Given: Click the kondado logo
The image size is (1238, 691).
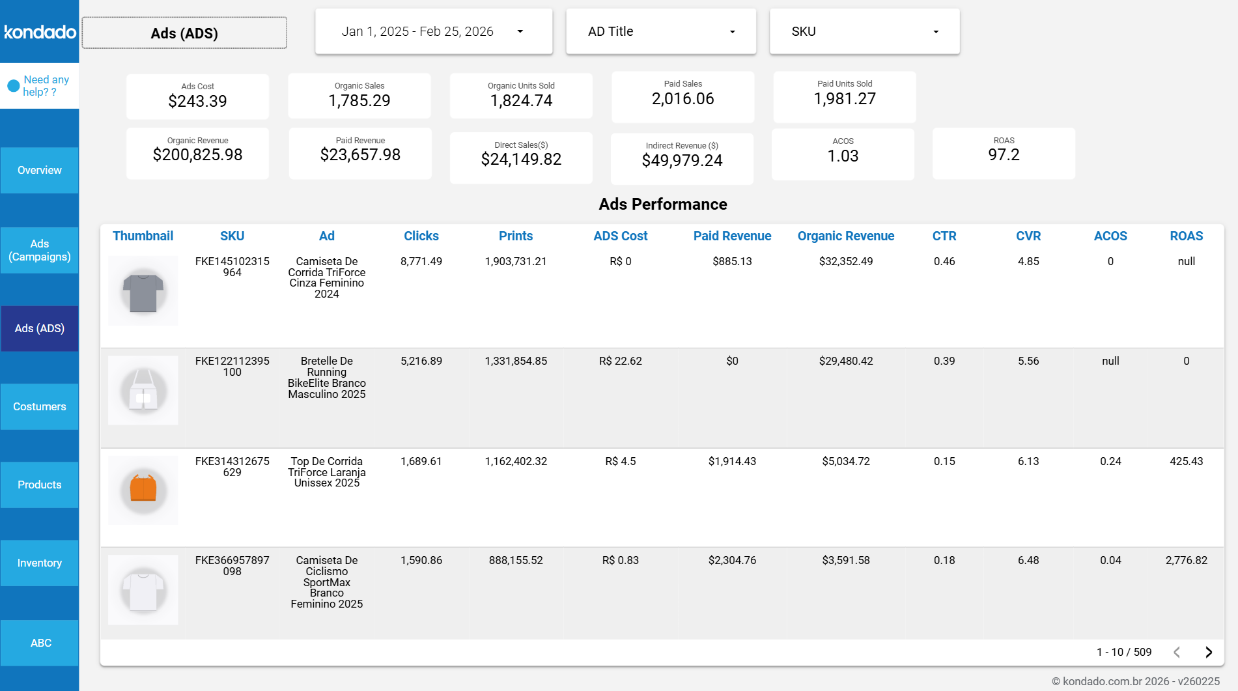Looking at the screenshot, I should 40,31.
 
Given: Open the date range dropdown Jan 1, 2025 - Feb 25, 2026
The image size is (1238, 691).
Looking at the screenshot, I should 433,31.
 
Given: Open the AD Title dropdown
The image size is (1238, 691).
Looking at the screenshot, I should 660,31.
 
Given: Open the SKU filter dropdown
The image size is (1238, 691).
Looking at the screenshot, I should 864,31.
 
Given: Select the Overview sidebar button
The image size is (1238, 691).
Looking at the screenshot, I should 40,170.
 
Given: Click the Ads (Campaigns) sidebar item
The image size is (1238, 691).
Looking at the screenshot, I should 40,250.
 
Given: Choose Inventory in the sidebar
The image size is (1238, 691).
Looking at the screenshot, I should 40,563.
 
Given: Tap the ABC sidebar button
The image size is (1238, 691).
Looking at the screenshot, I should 40,643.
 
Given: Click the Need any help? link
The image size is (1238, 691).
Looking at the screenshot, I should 46,85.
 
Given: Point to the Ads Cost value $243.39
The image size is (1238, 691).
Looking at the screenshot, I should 197,101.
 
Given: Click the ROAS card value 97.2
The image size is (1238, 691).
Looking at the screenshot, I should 1003,155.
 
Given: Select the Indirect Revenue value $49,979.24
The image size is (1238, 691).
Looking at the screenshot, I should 682,160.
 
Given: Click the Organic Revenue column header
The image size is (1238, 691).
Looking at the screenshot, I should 845,236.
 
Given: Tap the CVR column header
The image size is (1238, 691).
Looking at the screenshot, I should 1028,236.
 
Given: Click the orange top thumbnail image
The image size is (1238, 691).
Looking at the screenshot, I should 143,489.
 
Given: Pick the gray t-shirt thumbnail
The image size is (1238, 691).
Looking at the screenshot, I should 143,291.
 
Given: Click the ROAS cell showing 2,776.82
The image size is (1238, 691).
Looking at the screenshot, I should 1186,560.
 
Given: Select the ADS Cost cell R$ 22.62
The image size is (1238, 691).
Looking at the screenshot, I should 620,361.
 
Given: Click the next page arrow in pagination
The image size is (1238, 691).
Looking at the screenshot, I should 1208,652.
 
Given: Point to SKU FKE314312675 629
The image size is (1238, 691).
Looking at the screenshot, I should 232,466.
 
